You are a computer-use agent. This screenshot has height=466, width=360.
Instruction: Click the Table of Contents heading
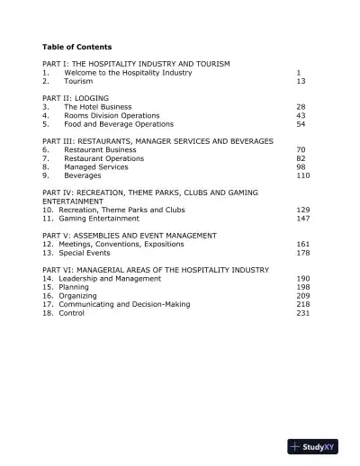click(x=76, y=46)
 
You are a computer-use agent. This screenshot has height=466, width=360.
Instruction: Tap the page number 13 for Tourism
click(x=301, y=81)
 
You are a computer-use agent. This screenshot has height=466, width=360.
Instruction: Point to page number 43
click(x=301, y=115)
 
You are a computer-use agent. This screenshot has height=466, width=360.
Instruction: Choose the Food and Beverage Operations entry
click(x=119, y=124)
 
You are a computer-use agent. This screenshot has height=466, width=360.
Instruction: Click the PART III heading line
click(x=157, y=141)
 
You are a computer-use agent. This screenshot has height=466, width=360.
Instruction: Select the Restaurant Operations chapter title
click(x=103, y=158)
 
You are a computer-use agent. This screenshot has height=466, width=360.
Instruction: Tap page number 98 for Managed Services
click(x=301, y=166)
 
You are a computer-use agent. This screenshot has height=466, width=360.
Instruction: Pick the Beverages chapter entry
click(x=83, y=175)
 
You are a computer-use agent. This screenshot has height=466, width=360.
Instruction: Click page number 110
click(x=302, y=175)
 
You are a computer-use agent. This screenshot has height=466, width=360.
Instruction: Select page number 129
click(x=302, y=210)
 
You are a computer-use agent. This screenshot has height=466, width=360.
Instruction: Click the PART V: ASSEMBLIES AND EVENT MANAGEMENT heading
click(x=130, y=235)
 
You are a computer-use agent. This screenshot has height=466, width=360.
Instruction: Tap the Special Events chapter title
click(x=85, y=253)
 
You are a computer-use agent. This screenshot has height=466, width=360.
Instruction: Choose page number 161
click(x=302, y=244)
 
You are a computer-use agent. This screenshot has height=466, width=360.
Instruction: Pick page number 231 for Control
click(x=302, y=313)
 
